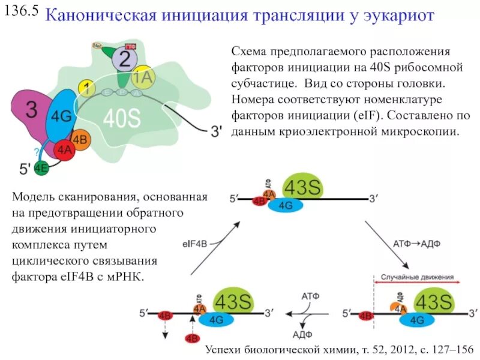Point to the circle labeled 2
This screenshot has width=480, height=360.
[x=125, y=59]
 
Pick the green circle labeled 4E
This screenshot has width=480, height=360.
[x=41, y=169]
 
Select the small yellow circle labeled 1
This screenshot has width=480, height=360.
[x=87, y=89]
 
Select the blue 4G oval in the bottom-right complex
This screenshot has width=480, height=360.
[x=418, y=320]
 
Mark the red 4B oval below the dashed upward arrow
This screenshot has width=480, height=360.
[x=193, y=338]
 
